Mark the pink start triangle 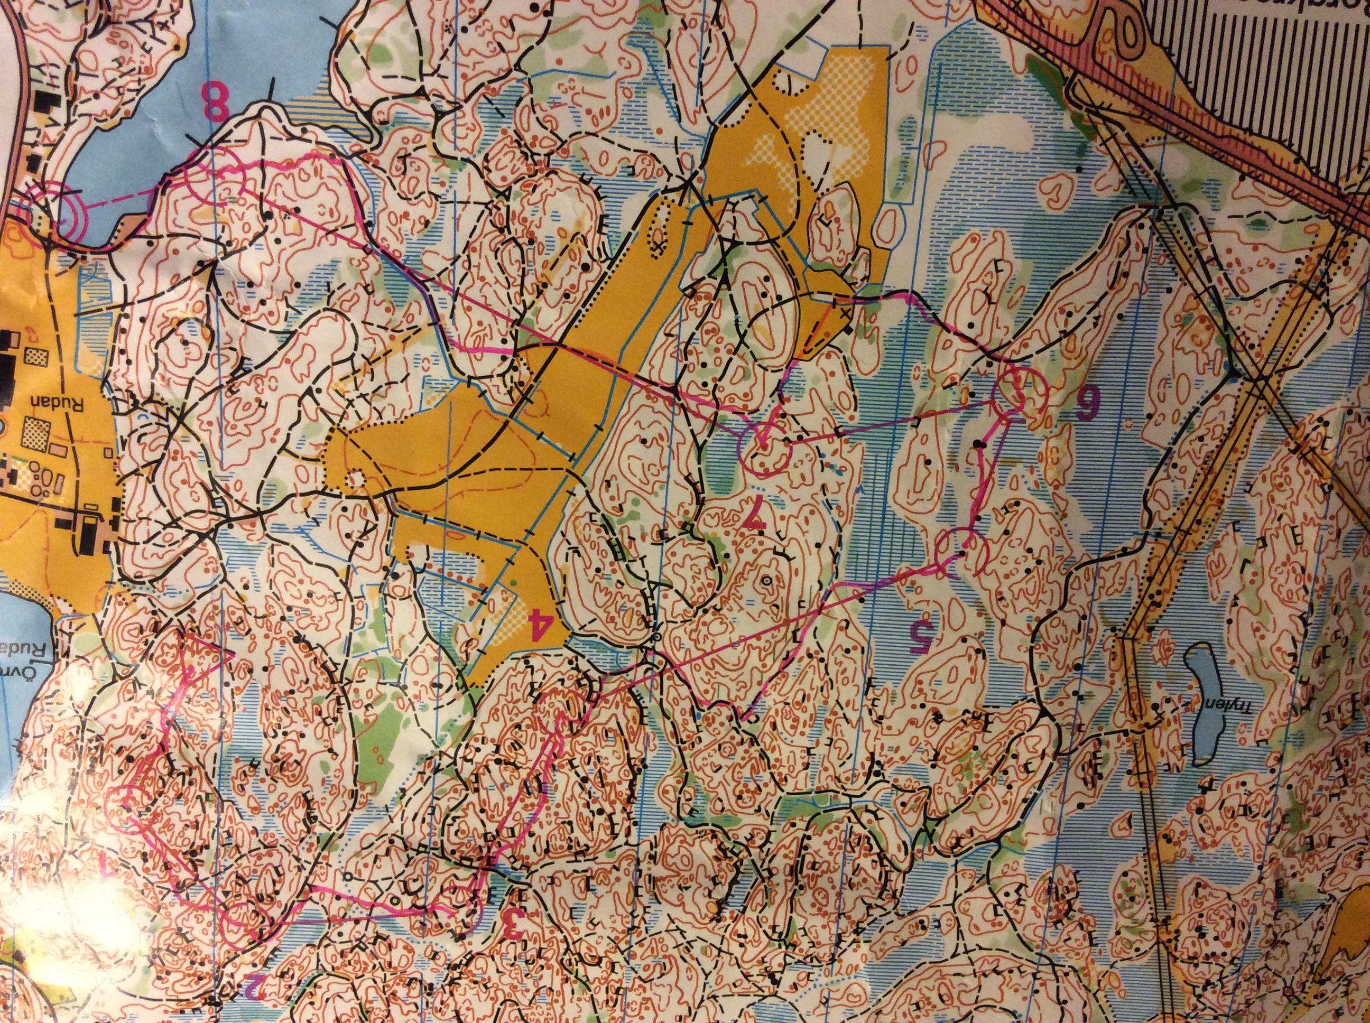201,669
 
